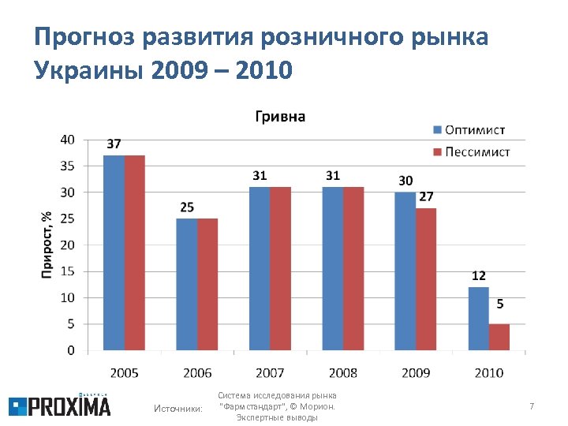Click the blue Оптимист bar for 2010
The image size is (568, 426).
tap(478, 318)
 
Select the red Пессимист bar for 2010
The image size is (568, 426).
tap(499, 336)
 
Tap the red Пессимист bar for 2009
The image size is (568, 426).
tap(426, 278)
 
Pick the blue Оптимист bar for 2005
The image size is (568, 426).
tap(114, 252)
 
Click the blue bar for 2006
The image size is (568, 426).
tap(187, 284)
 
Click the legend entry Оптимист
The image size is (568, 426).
tap(469, 129)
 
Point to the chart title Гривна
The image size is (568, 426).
tap(279, 117)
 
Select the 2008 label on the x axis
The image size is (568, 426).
tap(343, 372)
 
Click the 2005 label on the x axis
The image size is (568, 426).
tap(125, 372)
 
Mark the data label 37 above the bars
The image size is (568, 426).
tap(114, 144)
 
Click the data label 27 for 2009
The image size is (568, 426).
tap(426, 196)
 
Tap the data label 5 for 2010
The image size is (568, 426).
tap(500, 304)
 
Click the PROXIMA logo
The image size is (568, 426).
tap(60, 405)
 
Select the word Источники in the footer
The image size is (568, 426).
tap(177, 408)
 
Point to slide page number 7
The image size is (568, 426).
tap(532, 406)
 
